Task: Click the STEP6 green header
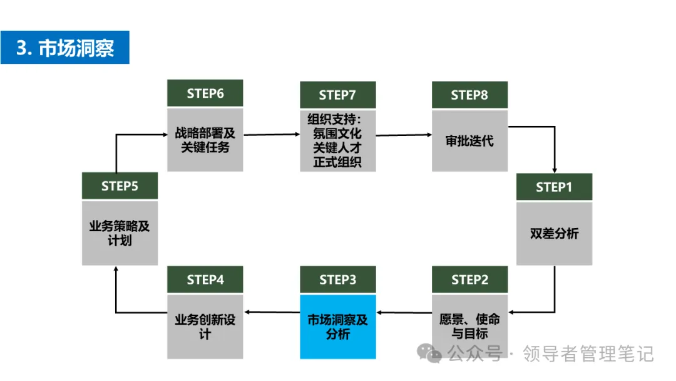[205, 93]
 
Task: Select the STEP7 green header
[338, 95]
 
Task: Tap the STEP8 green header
[470, 95]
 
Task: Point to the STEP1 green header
[555, 186]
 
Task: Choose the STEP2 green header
[470, 279]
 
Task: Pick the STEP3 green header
[338, 279]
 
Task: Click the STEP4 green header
[205, 279]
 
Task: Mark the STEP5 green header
[120, 185]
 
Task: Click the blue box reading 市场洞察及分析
[338, 326]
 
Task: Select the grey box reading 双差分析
[555, 234]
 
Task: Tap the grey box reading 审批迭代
[470, 140]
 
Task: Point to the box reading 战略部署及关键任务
[205, 140]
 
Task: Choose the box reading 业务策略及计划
[120, 233]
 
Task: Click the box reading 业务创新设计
[205, 326]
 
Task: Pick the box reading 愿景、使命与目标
[470, 326]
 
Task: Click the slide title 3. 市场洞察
[65, 48]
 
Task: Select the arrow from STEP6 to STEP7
[272, 135]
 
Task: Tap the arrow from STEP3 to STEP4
[272, 312]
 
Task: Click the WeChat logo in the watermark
[429, 353]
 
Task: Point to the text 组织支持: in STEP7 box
[334, 119]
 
